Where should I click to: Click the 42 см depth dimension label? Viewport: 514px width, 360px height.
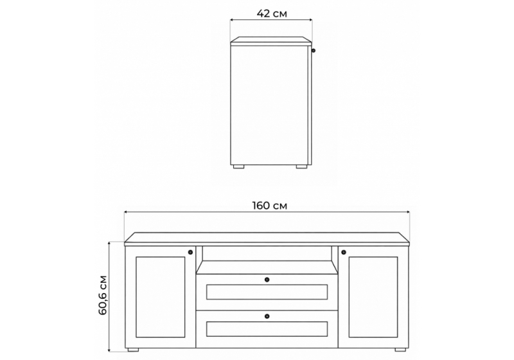click(x=272, y=14)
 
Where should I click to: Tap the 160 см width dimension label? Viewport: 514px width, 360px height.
click(x=269, y=206)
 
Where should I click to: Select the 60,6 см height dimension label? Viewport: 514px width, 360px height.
click(x=103, y=295)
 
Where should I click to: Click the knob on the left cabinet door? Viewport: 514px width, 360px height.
click(x=190, y=252)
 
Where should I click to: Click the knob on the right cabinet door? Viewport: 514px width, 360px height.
click(x=344, y=252)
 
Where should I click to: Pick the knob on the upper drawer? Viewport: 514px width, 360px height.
click(x=267, y=280)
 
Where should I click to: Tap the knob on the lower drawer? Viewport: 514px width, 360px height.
click(x=267, y=316)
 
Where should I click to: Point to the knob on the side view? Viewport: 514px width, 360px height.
click(x=314, y=51)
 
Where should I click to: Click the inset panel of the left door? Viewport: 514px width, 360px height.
click(x=160, y=297)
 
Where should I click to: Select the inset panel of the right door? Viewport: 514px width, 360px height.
click(x=373, y=297)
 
